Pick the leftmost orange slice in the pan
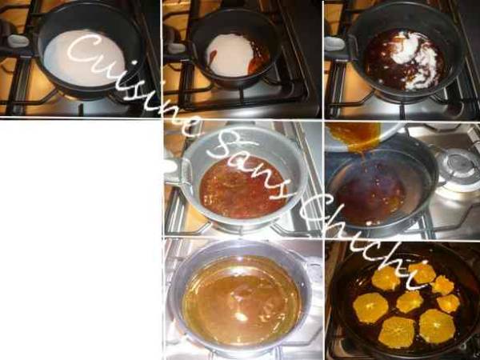click(x=370, y=308)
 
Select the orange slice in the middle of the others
click(x=410, y=301)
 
